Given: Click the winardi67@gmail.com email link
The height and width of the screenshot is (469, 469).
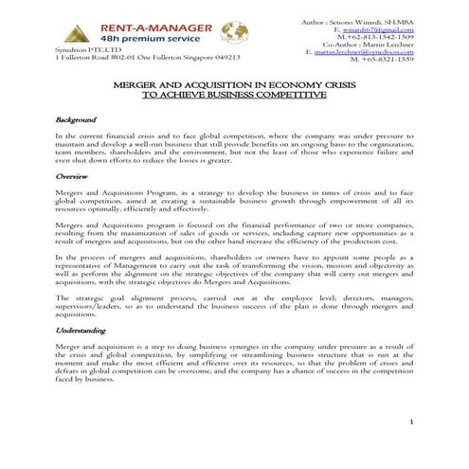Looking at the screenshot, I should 379,28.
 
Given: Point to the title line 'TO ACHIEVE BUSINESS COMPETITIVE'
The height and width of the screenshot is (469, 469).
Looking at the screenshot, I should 234,96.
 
